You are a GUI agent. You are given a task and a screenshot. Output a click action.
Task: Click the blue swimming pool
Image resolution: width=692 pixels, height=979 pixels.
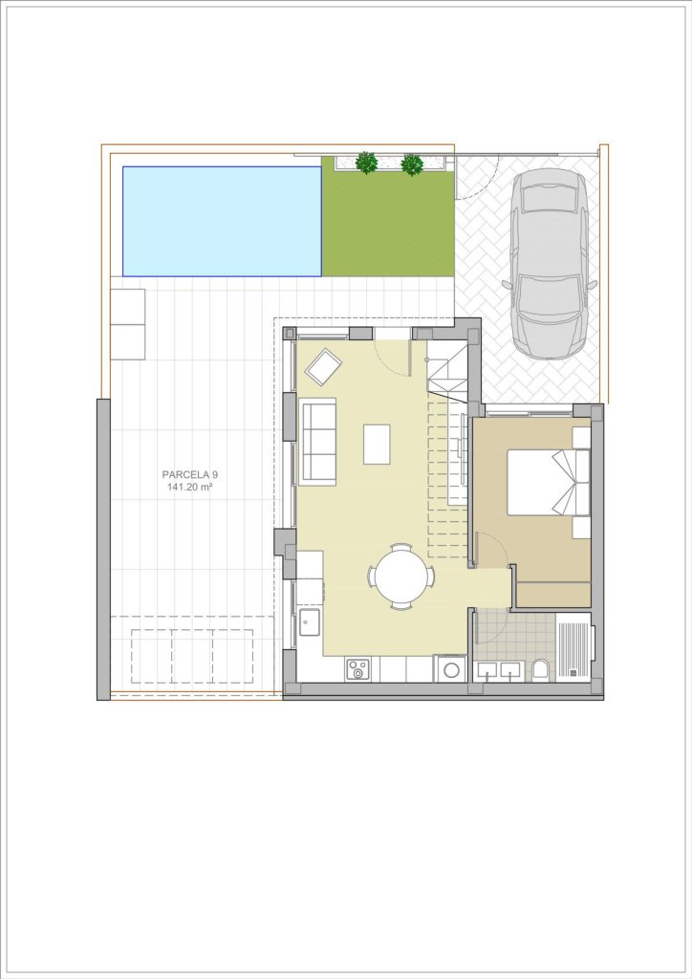(x=222, y=221)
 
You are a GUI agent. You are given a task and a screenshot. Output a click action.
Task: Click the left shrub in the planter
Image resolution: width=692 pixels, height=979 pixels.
(x=366, y=163)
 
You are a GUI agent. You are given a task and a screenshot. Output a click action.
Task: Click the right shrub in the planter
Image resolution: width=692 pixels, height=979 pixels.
(x=412, y=164)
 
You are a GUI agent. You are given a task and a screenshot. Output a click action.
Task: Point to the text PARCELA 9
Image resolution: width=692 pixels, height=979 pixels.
(x=190, y=474)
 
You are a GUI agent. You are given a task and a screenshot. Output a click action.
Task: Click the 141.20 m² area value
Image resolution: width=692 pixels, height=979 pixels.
(x=190, y=487)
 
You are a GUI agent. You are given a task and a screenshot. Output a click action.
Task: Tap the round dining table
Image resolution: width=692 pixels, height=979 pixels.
(x=401, y=577)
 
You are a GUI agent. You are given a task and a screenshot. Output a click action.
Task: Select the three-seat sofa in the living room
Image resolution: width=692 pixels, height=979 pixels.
(x=318, y=441)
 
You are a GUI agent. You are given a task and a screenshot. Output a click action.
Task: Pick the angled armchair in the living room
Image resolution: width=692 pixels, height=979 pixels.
(x=323, y=367)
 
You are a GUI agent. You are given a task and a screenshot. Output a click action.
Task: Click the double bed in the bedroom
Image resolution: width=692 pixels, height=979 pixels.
(x=549, y=481)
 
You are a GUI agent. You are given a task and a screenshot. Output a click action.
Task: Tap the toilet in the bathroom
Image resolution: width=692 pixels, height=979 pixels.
(x=541, y=669)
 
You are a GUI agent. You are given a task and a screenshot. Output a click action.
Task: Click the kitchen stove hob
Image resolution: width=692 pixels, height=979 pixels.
(x=357, y=669)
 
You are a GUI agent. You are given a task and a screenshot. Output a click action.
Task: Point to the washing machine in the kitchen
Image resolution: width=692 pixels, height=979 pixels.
(x=450, y=668)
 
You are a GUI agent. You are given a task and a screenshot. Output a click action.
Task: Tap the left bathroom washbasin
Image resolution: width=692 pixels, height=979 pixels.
(x=487, y=671)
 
